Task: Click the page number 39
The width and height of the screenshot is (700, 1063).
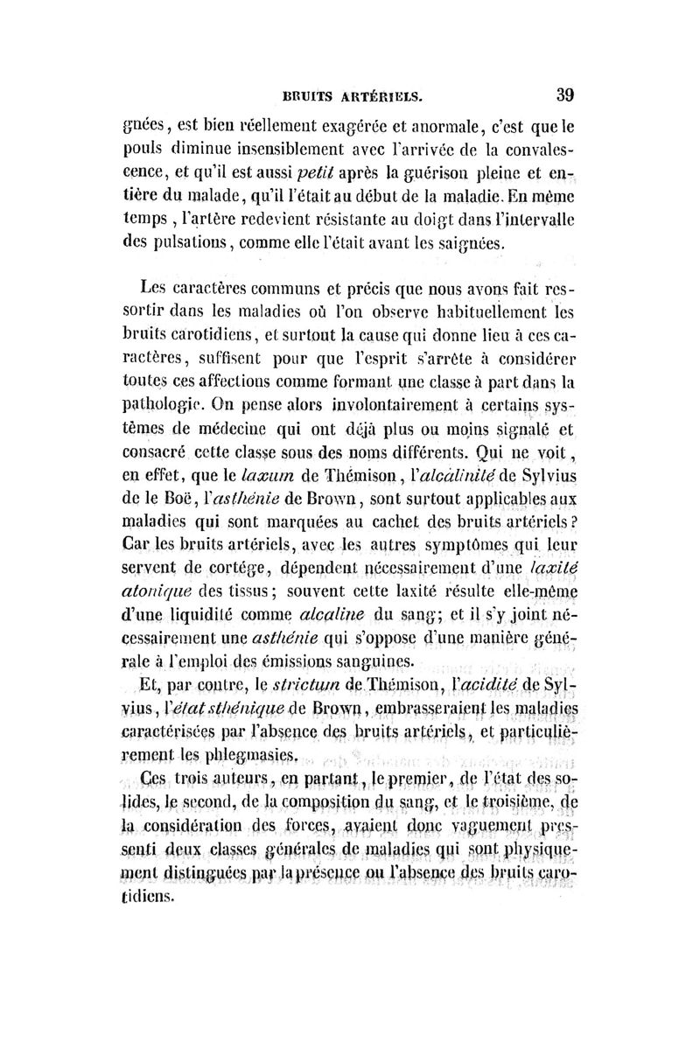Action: tap(563, 94)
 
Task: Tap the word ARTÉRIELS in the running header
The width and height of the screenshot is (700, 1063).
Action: tap(380, 95)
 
